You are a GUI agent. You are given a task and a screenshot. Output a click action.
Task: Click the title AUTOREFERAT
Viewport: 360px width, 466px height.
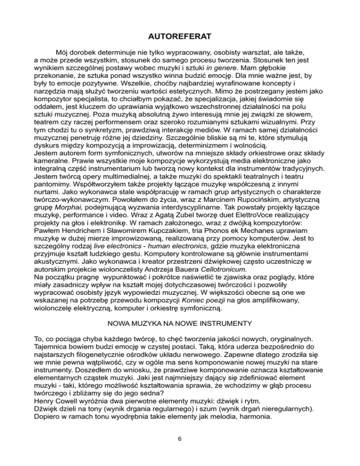click(x=180, y=36)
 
